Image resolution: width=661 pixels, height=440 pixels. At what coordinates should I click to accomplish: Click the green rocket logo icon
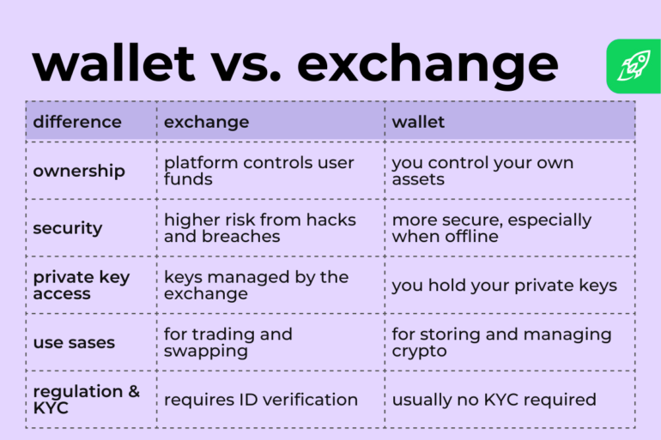[x=634, y=66]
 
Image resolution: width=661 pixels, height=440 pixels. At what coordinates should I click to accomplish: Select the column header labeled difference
[x=77, y=122]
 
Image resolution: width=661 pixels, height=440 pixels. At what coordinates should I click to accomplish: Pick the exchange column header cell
[x=206, y=122]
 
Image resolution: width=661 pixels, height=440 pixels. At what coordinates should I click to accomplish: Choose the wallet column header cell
[x=418, y=122]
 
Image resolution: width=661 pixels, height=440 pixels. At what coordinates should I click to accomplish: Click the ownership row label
[x=79, y=171]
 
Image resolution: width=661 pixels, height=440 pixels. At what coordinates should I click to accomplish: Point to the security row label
[x=68, y=228]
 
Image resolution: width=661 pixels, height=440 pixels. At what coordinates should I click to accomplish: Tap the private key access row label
[x=82, y=286]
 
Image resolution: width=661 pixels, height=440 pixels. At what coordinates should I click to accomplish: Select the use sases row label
[x=74, y=343]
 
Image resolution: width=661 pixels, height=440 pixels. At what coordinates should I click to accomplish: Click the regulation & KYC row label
[x=86, y=400]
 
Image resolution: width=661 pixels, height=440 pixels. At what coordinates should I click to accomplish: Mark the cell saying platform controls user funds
[x=258, y=171]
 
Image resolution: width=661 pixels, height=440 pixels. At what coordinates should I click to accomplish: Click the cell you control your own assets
[x=482, y=171]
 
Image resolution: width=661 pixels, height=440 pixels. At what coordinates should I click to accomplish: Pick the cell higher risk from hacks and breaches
[x=259, y=228]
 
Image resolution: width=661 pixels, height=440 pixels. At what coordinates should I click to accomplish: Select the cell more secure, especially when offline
[x=491, y=228]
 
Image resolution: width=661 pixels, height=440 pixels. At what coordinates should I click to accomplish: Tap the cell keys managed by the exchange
[x=256, y=286]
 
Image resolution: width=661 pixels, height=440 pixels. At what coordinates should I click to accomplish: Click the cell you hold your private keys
[x=504, y=286]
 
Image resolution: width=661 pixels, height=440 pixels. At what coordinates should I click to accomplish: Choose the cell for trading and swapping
[x=227, y=343]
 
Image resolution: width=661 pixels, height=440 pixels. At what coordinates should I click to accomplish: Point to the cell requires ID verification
[x=260, y=400]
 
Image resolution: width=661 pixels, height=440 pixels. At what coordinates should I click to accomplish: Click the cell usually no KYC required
[x=494, y=400]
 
